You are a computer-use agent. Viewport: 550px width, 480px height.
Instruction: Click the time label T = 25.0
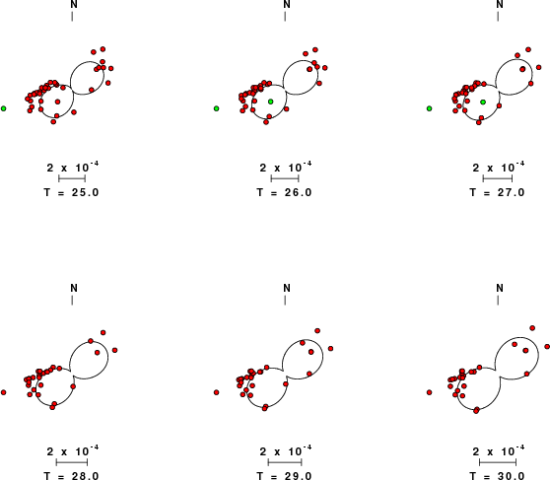(72, 192)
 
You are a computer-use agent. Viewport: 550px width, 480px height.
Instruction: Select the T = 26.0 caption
(285, 192)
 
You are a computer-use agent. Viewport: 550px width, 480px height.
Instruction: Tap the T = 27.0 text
(498, 192)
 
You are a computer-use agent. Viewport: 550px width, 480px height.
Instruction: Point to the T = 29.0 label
(285, 476)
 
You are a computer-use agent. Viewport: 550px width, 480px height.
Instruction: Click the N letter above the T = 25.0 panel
(74, 5)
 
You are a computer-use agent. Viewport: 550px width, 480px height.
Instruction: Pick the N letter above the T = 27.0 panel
(500, 5)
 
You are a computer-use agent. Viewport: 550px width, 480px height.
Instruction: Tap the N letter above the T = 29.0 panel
(287, 288)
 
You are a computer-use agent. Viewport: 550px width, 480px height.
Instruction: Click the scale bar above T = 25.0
(72, 178)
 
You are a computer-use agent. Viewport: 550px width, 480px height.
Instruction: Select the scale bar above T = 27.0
(498, 178)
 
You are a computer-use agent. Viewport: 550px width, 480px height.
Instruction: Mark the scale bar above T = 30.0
(498, 462)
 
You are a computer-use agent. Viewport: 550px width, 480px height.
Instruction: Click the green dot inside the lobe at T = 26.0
(270, 102)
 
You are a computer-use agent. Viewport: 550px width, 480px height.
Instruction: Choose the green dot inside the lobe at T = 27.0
(483, 103)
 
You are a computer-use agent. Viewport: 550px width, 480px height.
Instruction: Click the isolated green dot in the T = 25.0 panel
(4, 108)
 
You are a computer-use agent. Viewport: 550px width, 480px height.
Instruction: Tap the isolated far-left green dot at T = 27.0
(430, 108)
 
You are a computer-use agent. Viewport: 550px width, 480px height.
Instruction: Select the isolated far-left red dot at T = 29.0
(217, 392)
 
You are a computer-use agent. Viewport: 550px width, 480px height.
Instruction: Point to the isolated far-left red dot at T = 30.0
(430, 392)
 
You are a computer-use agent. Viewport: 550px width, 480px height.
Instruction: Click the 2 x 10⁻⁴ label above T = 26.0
(286, 167)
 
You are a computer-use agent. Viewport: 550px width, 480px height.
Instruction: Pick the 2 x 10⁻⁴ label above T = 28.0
(73, 450)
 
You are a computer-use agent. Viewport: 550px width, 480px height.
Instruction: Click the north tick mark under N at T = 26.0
(285, 17)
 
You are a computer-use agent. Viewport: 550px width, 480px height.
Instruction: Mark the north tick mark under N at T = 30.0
(498, 300)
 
